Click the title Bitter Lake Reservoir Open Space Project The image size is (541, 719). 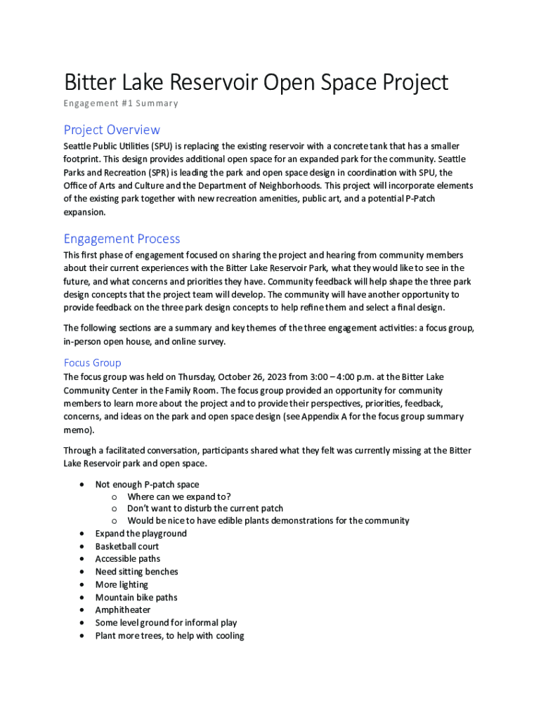[x=256, y=82]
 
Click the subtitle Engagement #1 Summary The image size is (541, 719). [x=121, y=103]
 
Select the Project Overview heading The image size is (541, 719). [x=112, y=130]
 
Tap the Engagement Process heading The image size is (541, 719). [x=122, y=239]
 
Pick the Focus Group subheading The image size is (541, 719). [x=92, y=363]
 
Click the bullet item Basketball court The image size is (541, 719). [x=127, y=546]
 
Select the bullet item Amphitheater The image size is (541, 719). [x=123, y=610]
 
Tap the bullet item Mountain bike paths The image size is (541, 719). [x=136, y=598]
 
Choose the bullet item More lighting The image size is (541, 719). [x=122, y=585]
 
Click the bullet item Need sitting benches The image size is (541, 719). [x=137, y=572]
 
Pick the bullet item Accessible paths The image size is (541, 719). [x=128, y=559]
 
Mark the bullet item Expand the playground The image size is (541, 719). [x=141, y=534]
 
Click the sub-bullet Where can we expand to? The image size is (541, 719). [x=179, y=496]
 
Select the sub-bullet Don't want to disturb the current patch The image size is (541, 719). [x=205, y=508]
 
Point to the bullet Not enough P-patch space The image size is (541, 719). [x=147, y=484]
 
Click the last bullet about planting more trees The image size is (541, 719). [x=170, y=635]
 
